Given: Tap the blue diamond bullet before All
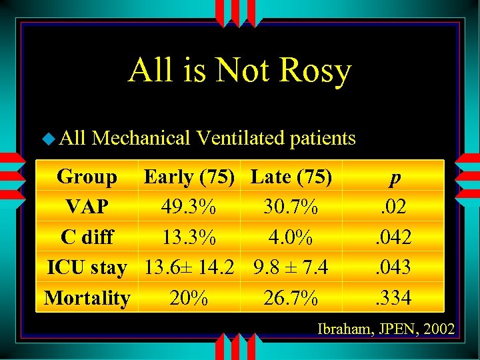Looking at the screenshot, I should pyautogui.click(x=49, y=139).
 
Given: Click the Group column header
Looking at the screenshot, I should pyautogui.click(x=87, y=177).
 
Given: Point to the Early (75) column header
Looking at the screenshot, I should pyautogui.click(x=189, y=177).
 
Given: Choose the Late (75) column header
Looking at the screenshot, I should pyautogui.click(x=291, y=177).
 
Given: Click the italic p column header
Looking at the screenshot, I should pyautogui.click(x=396, y=178).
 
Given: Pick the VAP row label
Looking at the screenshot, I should pyautogui.click(x=87, y=207).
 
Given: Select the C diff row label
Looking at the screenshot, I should pyautogui.click(x=87, y=237).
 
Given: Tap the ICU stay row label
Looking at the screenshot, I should pyautogui.click(x=87, y=267).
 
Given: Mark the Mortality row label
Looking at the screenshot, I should pyautogui.click(x=87, y=298).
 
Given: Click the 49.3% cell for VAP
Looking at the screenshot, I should pyautogui.click(x=189, y=207).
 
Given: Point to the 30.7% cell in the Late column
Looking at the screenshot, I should pyautogui.click(x=291, y=207).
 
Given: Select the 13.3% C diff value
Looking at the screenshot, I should pyautogui.click(x=189, y=237).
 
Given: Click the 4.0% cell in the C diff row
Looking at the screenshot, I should pyautogui.click(x=291, y=237).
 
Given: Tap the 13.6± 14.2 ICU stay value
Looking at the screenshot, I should pyautogui.click(x=189, y=267).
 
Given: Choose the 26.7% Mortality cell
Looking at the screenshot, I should pyautogui.click(x=291, y=298).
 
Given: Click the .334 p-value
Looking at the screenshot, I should pyautogui.click(x=395, y=298).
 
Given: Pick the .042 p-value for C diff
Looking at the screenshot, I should pyautogui.click(x=395, y=237).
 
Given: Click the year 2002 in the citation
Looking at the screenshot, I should pyautogui.click(x=439, y=329).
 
